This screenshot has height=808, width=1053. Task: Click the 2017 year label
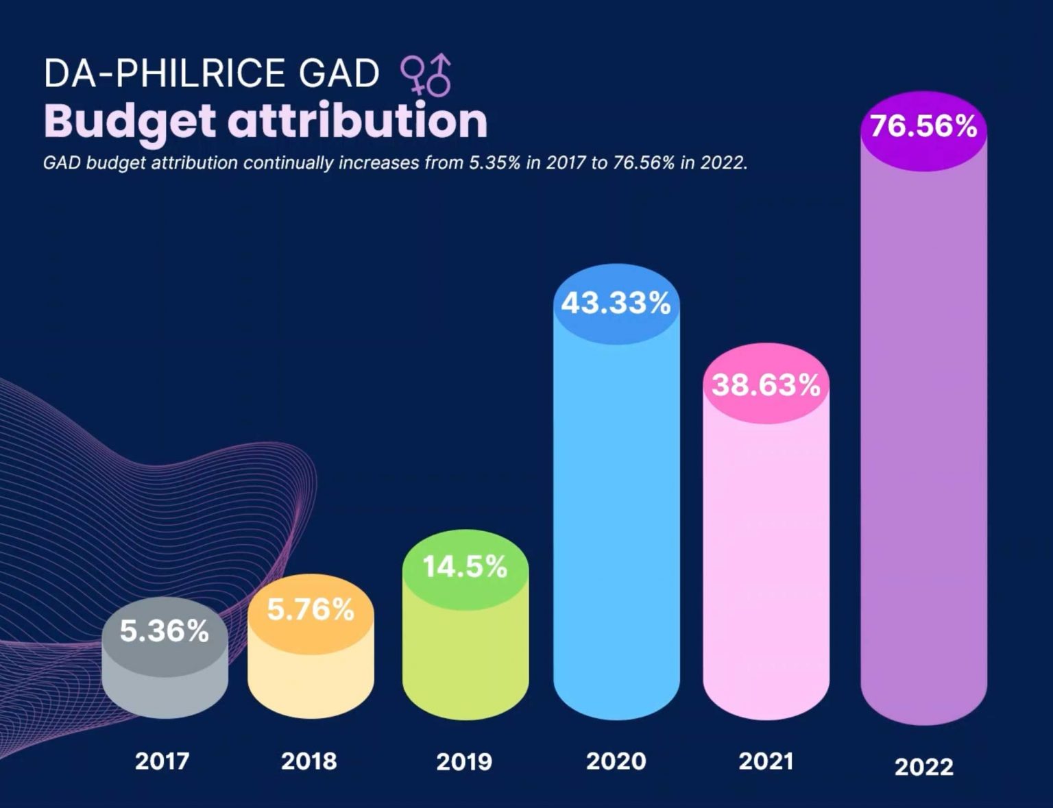click(x=162, y=761)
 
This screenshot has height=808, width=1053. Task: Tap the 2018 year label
click(x=309, y=761)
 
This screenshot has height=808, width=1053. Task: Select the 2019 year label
click(x=464, y=761)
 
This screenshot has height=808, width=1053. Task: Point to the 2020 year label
click(x=616, y=761)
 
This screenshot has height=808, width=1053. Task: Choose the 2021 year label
click(x=766, y=761)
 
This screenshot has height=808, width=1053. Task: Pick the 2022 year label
click(x=923, y=766)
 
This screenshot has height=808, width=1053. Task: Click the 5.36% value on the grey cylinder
click(x=165, y=631)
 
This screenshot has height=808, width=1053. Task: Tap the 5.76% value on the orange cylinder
click(x=311, y=609)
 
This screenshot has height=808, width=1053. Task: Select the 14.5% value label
click(x=465, y=567)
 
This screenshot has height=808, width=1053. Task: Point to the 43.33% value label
click(x=616, y=303)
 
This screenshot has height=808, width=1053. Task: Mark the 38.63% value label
click(x=766, y=385)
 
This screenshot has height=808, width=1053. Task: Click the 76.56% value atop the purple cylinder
click(x=923, y=126)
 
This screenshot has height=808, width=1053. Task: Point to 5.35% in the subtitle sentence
click(x=494, y=163)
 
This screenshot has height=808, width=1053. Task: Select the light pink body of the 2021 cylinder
click(x=766, y=562)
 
